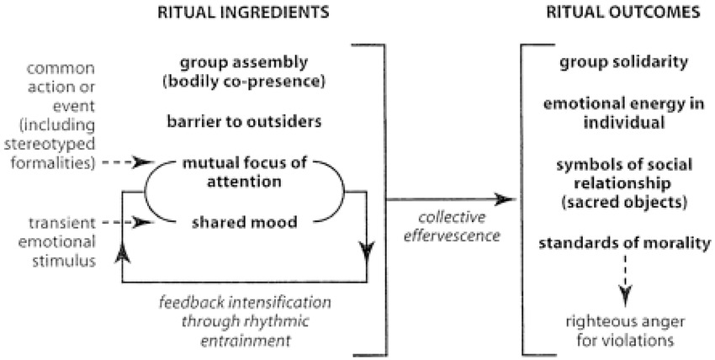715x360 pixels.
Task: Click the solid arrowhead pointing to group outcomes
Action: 506,199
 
